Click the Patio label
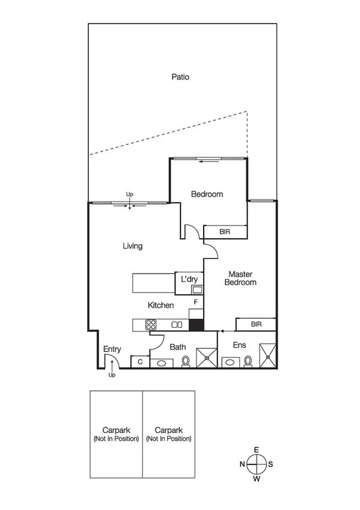(180, 77)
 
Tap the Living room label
(132, 246)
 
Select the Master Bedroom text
(240, 278)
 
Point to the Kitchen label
(161, 306)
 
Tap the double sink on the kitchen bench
(177, 325)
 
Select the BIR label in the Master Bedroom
(256, 325)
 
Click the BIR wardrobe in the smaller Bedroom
(225, 231)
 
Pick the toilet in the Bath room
(186, 361)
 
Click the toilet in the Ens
(248, 361)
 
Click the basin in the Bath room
(161, 363)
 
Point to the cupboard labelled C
(140, 361)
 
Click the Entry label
(112, 349)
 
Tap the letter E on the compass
(257, 450)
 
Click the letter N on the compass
(242, 464)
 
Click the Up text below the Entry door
(112, 375)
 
